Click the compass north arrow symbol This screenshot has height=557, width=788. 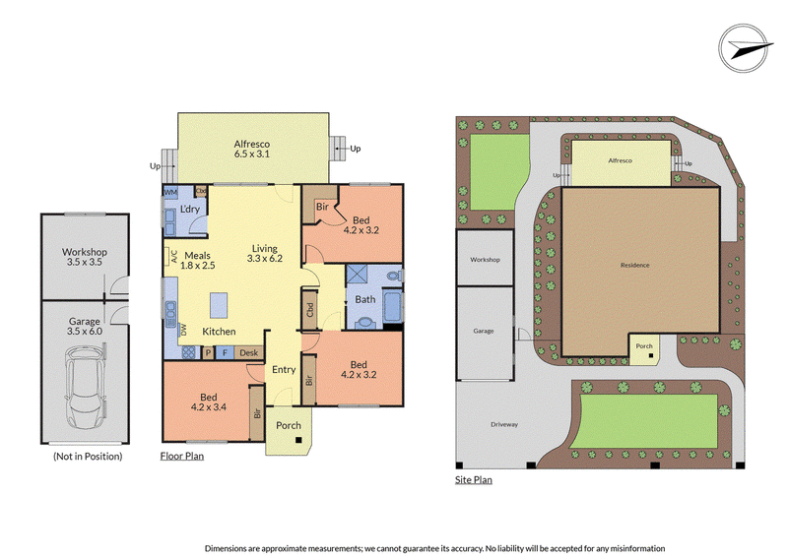click(x=744, y=47)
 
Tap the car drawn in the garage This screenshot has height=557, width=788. click(x=85, y=387)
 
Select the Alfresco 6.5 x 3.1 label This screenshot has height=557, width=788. click(x=252, y=150)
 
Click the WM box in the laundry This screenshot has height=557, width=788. click(x=170, y=192)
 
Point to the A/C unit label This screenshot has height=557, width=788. click(x=174, y=257)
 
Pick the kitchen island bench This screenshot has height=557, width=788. click(x=219, y=305)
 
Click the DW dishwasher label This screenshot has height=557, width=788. click(x=183, y=330)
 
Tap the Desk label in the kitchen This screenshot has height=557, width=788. click(x=249, y=353)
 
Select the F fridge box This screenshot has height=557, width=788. click(x=225, y=353)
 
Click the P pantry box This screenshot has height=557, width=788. click(x=208, y=353)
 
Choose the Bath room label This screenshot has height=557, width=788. click(x=365, y=299)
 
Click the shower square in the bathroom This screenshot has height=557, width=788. click(x=357, y=275)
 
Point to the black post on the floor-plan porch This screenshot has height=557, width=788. click(x=298, y=440)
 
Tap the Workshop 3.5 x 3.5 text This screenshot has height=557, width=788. click(x=85, y=257)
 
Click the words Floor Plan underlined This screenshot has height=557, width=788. click(x=182, y=456)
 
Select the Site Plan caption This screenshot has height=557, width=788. click(x=474, y=479)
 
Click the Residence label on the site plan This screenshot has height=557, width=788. click(x=634, y=265)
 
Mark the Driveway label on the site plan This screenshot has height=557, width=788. click(x=504, y=424)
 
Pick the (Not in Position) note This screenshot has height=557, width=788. click(x=88, y=456)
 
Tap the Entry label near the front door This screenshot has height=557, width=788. click(x=284, y=370)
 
